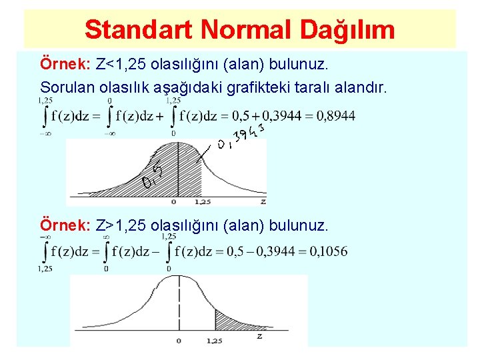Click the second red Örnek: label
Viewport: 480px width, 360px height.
coord(66,225)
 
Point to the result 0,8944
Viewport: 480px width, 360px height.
coord(336,117)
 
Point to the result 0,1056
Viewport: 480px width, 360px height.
coord(328,251)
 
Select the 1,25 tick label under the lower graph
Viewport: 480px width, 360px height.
coord(214,341)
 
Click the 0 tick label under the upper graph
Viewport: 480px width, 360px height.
coord(173,201)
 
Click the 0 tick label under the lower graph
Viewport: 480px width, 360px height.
coord(178,341)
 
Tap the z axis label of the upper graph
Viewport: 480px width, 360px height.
coord(263,201)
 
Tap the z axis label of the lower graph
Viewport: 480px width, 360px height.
coord(259,336)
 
